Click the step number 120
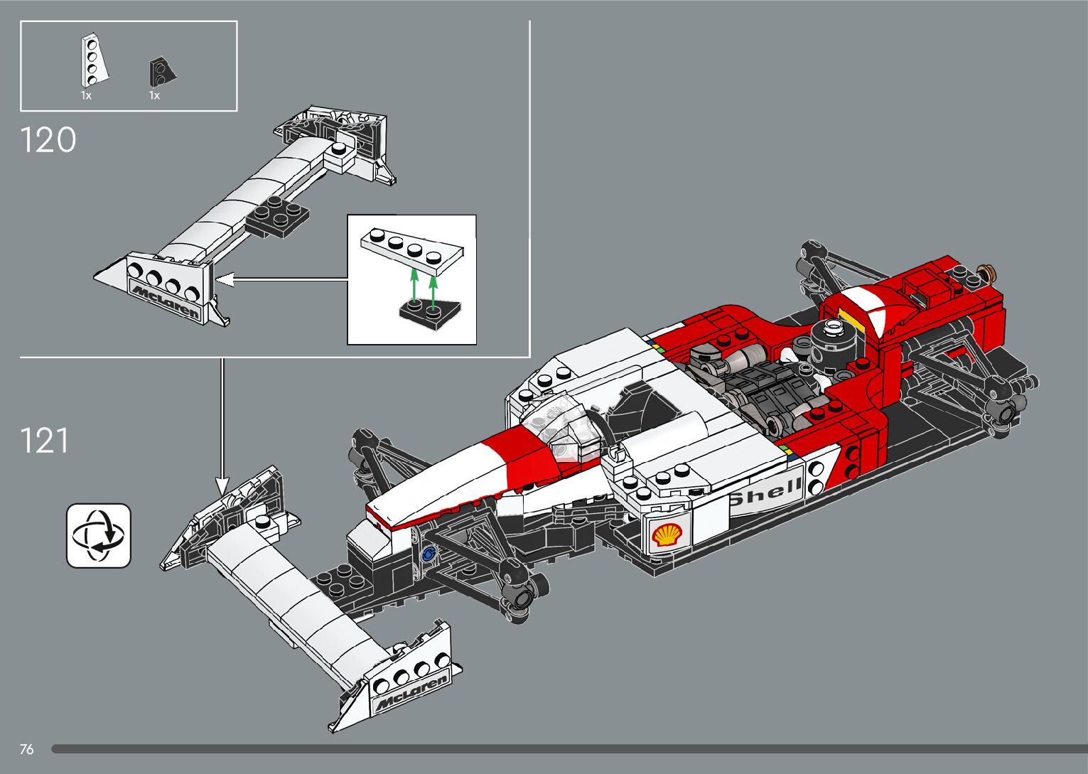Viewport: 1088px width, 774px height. [x=48, y=140]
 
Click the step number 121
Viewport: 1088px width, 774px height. [x=45, y=441]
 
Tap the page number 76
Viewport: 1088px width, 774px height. [x=27, y=749]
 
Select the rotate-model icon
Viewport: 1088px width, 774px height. [x=99, y=536]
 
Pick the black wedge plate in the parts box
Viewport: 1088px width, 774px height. [x=161, y=71]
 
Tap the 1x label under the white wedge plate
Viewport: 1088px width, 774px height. [x=86, y=95]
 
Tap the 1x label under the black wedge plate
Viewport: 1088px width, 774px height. [x=154, y=95]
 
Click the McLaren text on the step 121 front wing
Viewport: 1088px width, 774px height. [x=411, y=693]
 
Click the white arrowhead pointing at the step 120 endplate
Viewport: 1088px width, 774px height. [x=224, y=280]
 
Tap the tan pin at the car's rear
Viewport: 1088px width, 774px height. [x=986, y=272]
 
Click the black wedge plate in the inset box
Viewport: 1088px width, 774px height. [x=429, y=313]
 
